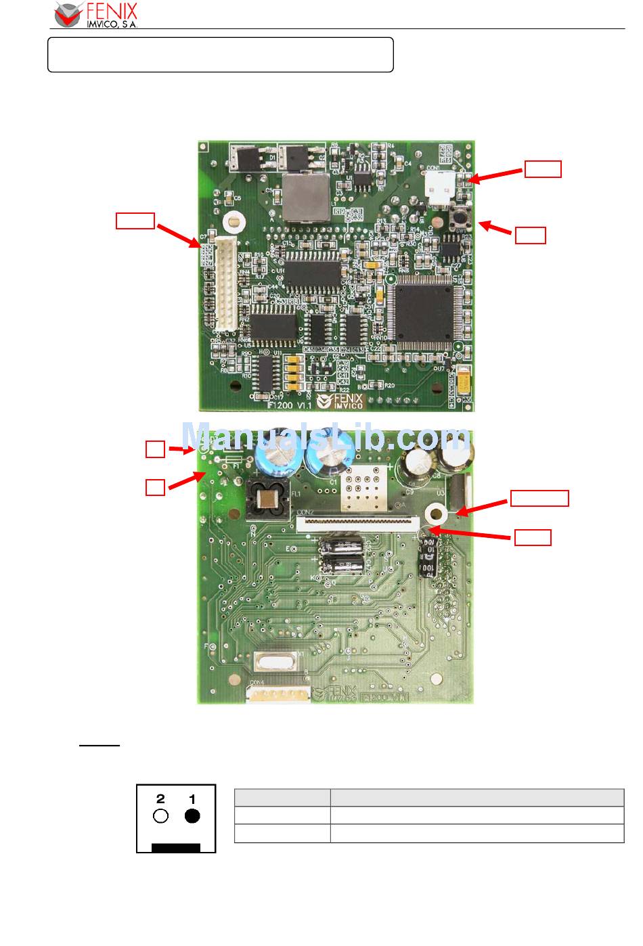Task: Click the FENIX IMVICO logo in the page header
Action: click(96, 15)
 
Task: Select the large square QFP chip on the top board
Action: click(426, 313)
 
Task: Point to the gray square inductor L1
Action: click(305, 197)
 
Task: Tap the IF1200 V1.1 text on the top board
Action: click(280, 405)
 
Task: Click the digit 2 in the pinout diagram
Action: click(160, 798)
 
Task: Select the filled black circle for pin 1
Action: click(192, 816)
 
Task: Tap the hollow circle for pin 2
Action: click(160, 816)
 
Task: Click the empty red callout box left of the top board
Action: click(135, 221)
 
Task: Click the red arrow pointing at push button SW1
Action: click(495, 228)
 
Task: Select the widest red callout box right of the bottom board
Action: click(539, 499)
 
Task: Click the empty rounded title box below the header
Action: click(221, 55)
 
